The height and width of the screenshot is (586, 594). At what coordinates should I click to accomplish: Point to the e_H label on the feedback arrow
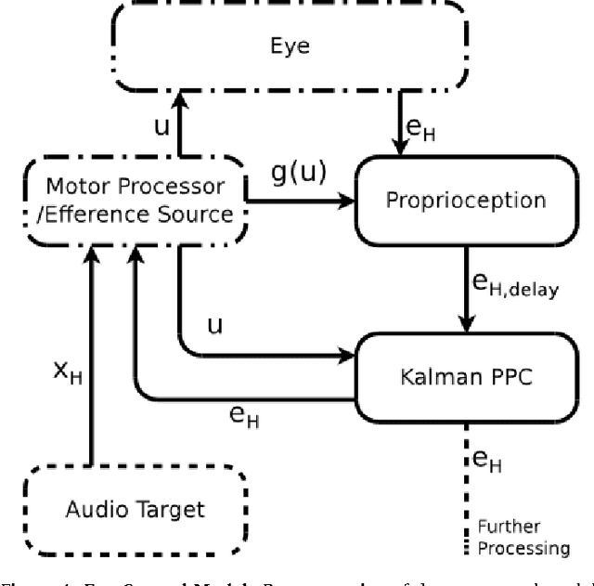[x=245, y=418]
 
